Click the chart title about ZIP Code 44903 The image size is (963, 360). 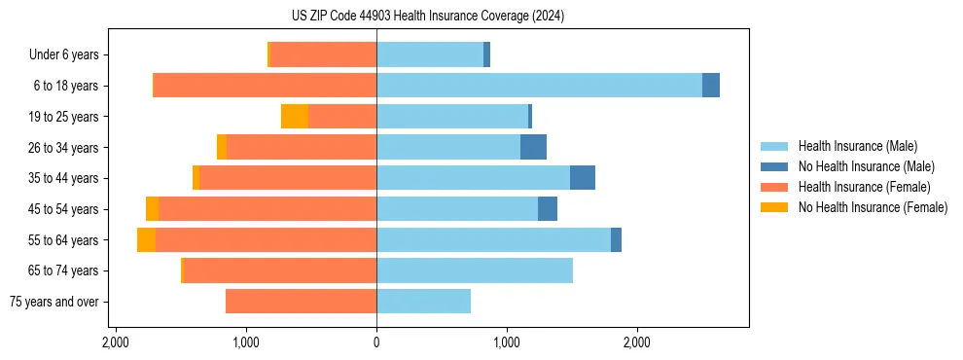coord(427,17)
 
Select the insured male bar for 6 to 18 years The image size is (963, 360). coord(539,86)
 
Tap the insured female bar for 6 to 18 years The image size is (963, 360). coord(265,86)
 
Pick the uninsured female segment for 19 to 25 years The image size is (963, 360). coord(295,117)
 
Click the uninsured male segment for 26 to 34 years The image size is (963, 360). coord(533,147)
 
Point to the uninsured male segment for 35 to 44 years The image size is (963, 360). coord(583,178)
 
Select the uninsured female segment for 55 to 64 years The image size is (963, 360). coord(146,239)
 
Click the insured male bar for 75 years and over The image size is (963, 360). coord(423,302)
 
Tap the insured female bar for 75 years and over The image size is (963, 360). coord(301,302)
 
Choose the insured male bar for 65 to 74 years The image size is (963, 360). coord(475,270)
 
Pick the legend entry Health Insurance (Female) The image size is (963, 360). coord(856,187)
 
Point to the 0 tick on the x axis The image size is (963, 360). coord(376,342)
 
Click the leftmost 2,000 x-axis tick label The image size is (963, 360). coord(116,342)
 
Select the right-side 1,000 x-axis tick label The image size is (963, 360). coord(507,342)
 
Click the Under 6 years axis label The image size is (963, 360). coord(63,55)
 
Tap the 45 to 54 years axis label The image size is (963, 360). coord(63,209)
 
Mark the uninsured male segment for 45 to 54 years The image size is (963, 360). coord(548,209)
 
